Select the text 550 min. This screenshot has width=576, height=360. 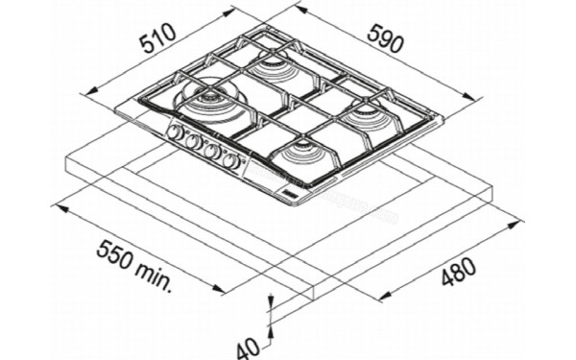pyautogui.click(x=133, y=265)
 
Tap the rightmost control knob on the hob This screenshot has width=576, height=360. pyautogui.click(x=230, y=161)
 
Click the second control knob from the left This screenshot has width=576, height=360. pyautogui.click(x=193, y=143)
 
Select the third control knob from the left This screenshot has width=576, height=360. pyautogui.click(x=212, y=153)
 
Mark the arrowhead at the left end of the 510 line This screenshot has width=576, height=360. pyautogui.click(x=87, y=92)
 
